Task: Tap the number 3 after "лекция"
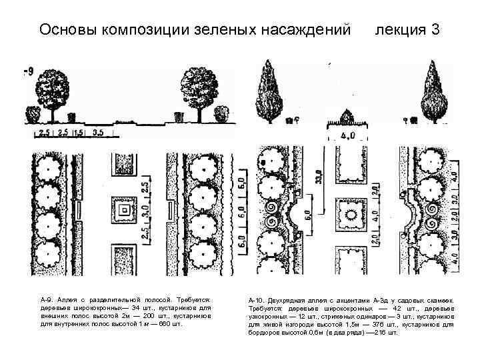[434, 30]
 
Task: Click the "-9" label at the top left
[29, 72]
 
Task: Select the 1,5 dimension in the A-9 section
[79, 133]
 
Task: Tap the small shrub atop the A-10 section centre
[347, 115]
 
